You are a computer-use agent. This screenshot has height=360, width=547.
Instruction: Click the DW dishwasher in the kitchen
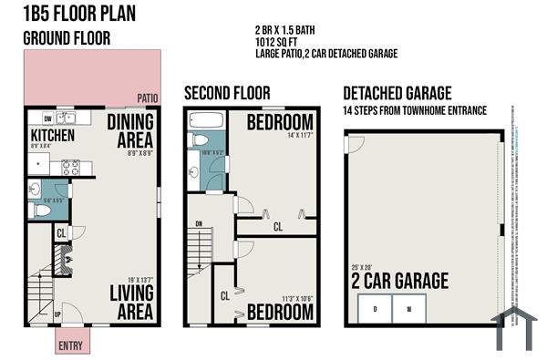47,118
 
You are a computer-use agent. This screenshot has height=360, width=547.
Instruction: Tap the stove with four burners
70,167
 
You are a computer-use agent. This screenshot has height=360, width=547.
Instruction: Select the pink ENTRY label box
69,345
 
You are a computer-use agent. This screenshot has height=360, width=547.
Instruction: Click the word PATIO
148,98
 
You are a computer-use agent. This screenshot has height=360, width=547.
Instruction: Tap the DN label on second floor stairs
199,224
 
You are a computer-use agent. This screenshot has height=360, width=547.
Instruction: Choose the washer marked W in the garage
409,308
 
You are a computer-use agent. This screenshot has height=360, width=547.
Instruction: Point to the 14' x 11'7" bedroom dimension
300,135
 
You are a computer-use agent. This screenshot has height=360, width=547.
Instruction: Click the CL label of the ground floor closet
61,233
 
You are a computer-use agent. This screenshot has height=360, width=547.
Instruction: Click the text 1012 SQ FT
278,41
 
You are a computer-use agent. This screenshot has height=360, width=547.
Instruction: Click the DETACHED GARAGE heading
397,93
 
